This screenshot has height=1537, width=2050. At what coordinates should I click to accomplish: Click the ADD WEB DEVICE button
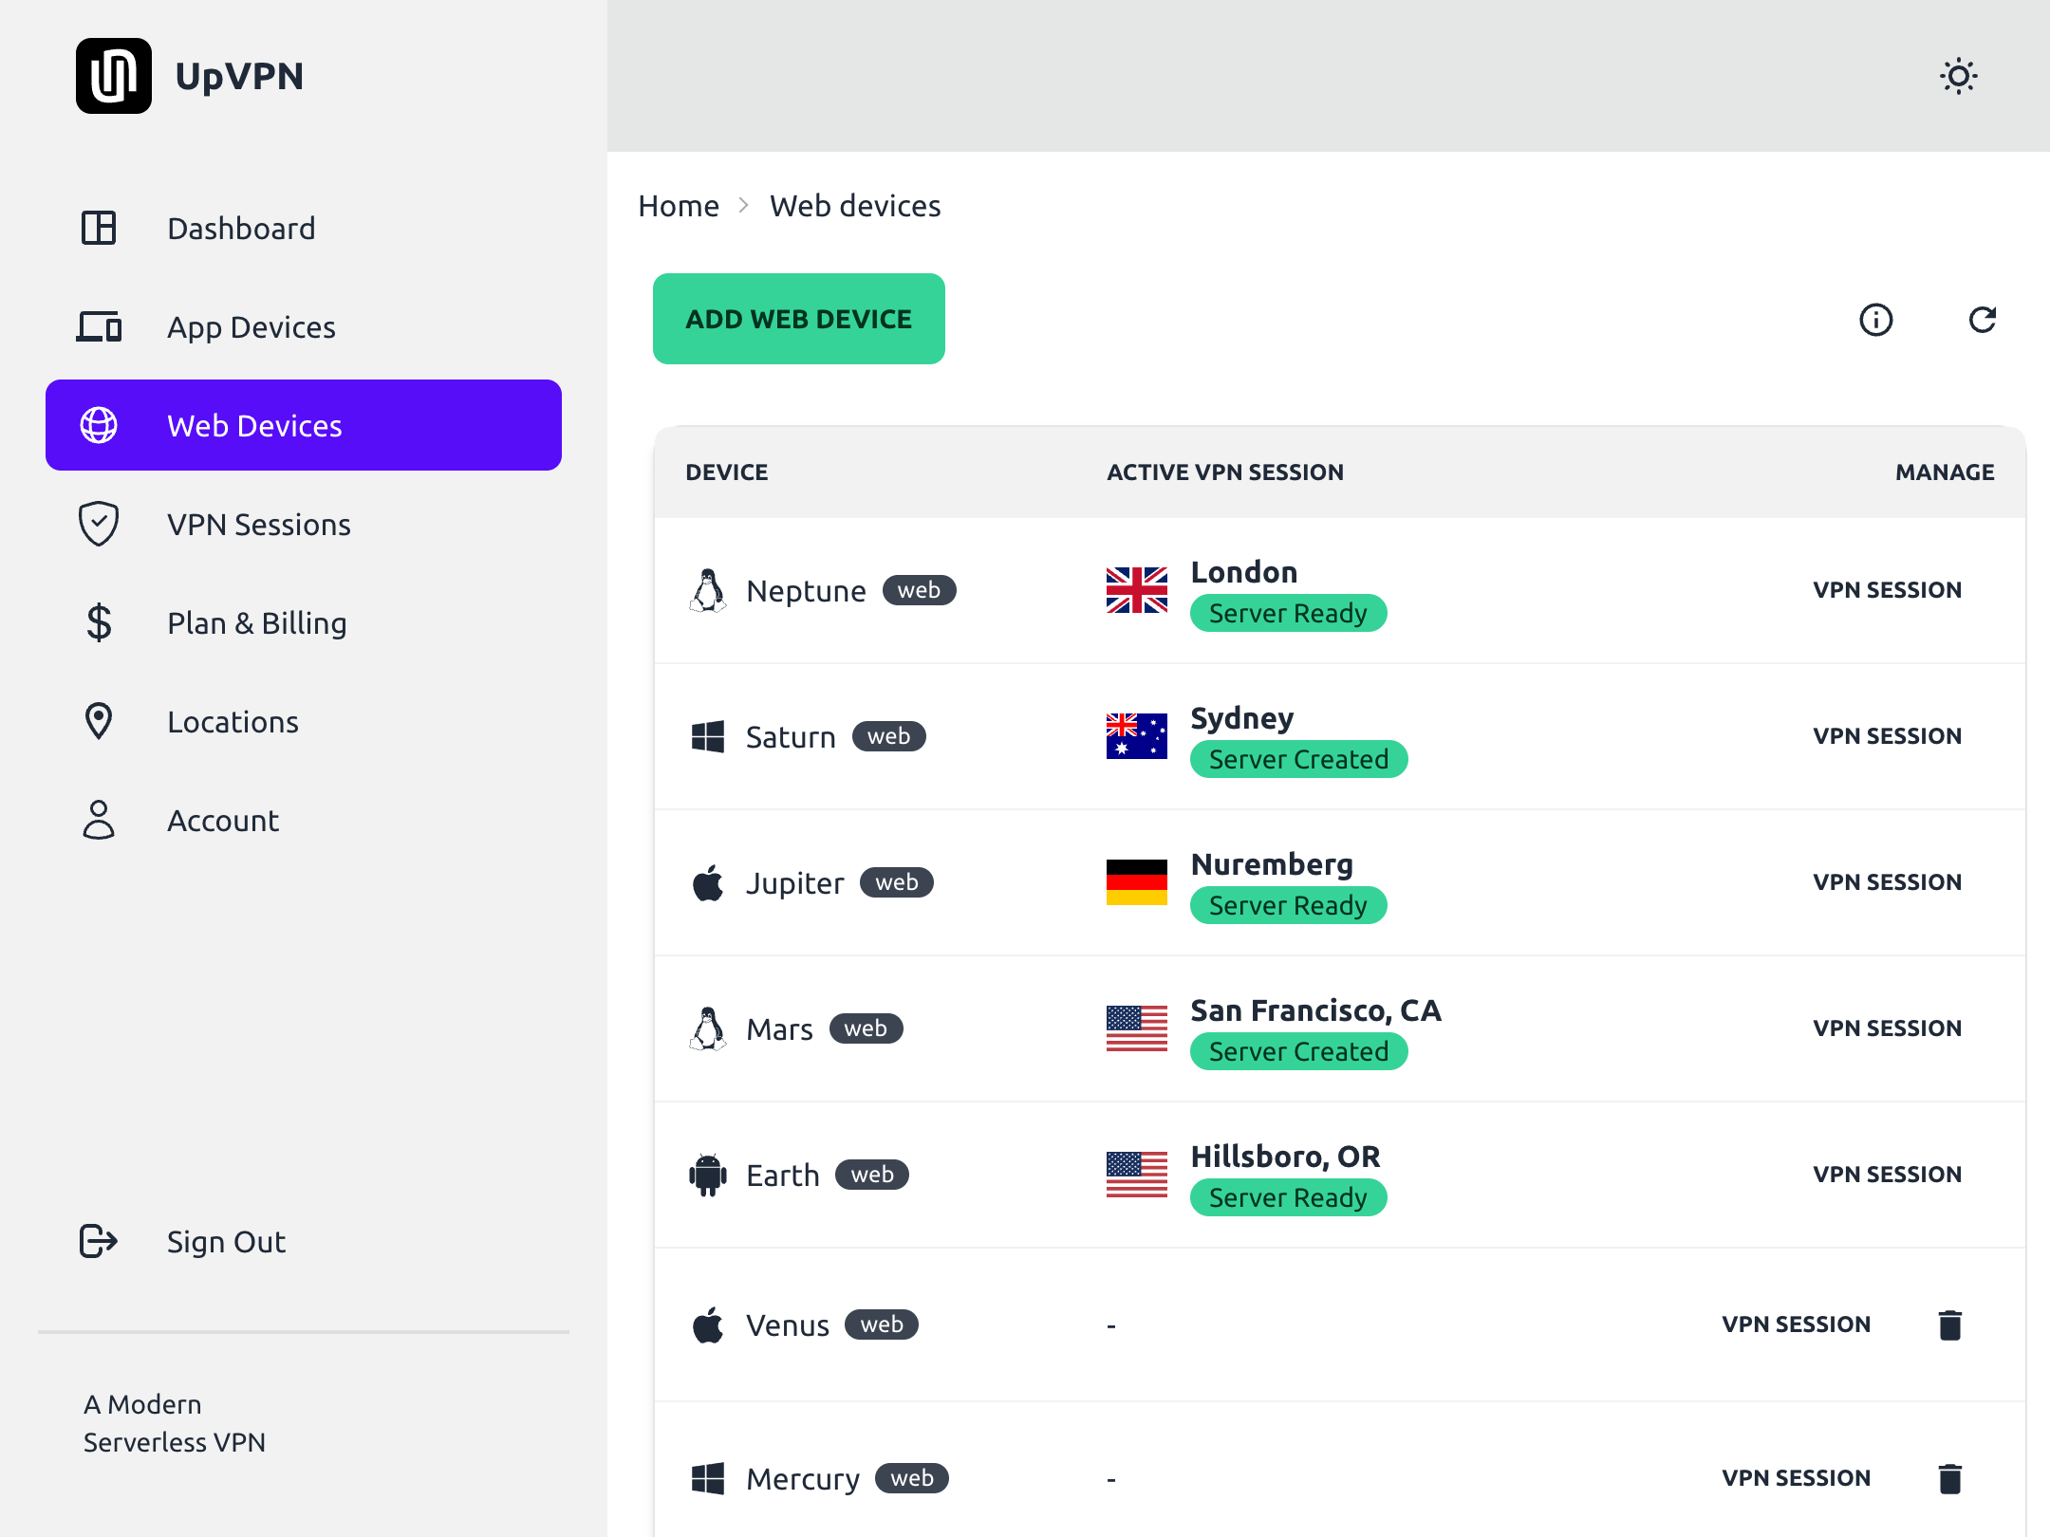tap(798, 319)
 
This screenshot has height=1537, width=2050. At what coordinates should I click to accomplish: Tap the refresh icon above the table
tap(1983, 320)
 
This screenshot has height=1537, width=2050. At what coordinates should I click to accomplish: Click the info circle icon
tap(1875, 320)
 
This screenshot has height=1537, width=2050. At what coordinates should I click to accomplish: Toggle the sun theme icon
tap(1958, 76)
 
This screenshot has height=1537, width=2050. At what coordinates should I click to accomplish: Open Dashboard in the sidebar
tap(241, 228)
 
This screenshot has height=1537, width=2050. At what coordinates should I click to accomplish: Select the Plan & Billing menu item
tap(256, 622)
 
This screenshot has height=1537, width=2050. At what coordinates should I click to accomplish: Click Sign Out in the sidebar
tap(226, 1241)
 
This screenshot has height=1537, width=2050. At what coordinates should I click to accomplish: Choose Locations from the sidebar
tap(233, 721)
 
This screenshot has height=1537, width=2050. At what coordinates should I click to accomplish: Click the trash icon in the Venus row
tap(1949, 1324)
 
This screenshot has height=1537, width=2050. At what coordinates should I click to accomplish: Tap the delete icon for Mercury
tap(1949, 1478)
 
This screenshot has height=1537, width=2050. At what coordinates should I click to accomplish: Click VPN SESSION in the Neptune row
tap(1887, 590)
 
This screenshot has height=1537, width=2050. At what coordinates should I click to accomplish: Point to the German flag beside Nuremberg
tap(1136, 882)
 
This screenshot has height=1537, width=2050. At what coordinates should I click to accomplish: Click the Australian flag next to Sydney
tap(1136, 736)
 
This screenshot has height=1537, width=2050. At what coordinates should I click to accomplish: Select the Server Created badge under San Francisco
tap(1298, 1051)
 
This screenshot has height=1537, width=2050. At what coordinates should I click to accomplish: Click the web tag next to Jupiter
tap(896, 882)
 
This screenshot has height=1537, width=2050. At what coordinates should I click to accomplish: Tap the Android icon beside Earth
tap(708, 1175)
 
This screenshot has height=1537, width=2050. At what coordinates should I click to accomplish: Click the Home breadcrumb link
tap(679, 206)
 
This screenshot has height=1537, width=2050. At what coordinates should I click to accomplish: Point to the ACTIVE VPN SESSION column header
tap(1224, 472)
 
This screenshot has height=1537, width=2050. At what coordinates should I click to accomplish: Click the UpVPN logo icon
tap(114, 76)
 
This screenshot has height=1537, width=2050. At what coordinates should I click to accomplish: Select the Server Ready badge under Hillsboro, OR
tap(1288, 1197)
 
